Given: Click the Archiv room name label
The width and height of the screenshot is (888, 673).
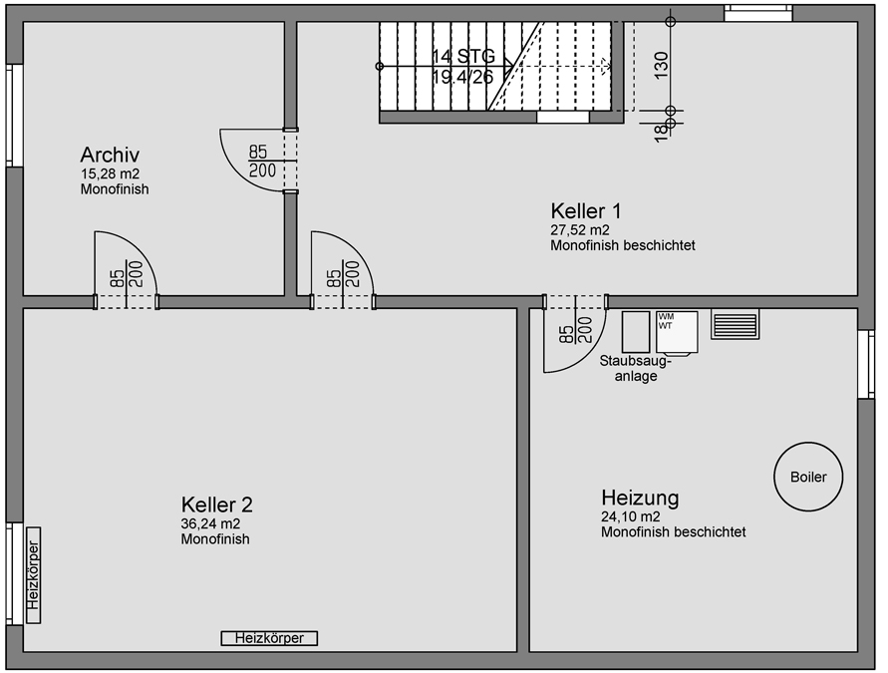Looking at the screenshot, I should point(110,155).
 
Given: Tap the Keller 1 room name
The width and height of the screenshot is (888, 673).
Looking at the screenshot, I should point(586,211).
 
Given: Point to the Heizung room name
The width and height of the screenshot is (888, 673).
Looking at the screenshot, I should point(640,497).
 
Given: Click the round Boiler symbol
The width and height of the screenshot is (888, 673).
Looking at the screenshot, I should point(807,477).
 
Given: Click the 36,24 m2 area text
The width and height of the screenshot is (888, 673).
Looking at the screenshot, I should point(210,523).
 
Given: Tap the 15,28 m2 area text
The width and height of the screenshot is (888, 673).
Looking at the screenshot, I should point(110,173).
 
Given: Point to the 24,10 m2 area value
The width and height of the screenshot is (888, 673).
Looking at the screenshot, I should point(630,516).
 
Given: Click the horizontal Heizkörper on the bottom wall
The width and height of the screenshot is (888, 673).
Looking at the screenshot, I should point(269,638).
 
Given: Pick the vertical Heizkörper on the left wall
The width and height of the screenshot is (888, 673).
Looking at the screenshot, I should point(33,575).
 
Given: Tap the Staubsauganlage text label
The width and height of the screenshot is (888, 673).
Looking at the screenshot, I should point(635,369).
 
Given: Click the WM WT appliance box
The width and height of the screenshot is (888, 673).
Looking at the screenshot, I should point(676,332).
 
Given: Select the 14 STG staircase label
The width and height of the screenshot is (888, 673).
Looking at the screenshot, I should point(463,57).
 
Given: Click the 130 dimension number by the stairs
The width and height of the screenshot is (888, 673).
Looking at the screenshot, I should point(661,63).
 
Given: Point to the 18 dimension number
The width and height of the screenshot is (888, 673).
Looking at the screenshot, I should point(660,133).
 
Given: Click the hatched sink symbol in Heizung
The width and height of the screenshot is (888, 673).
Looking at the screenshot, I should point(735,324).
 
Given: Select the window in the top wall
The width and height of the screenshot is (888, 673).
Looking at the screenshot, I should point(757,13).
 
